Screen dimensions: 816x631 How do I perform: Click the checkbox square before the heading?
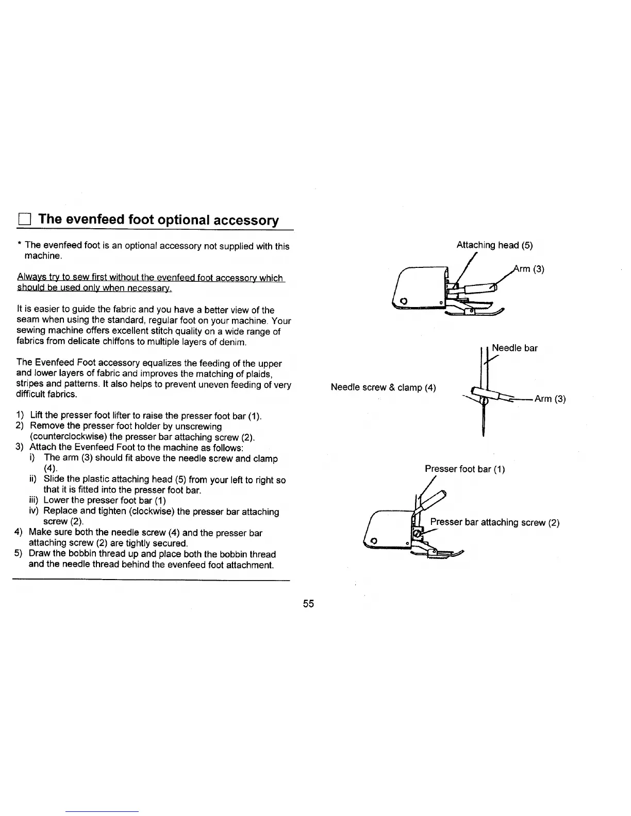[x=24, y=219]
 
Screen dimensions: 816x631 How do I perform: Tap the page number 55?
[x=308, y=604]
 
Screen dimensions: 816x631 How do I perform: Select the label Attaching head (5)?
[x=494, y=245]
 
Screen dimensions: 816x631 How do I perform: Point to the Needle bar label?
[x=514, y=348]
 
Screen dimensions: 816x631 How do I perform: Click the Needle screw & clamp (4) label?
[x=383, y=387]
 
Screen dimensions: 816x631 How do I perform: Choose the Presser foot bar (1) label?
[x=464, y=469]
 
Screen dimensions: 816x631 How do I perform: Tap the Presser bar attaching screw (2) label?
[x=495, y=522]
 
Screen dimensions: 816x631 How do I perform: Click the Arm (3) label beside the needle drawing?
[x=550, y=399]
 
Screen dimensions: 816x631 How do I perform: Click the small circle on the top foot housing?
[x=404, y=301]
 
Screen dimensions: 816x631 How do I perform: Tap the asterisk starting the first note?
[x=19, y=246]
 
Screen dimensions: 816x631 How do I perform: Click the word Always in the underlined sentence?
[x=30, y=278]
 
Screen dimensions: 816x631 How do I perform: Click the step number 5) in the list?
[x=20, y=554]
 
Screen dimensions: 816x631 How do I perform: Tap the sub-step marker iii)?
[x=35, y=501]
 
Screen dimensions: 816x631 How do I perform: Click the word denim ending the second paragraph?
[x=220, y=342]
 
